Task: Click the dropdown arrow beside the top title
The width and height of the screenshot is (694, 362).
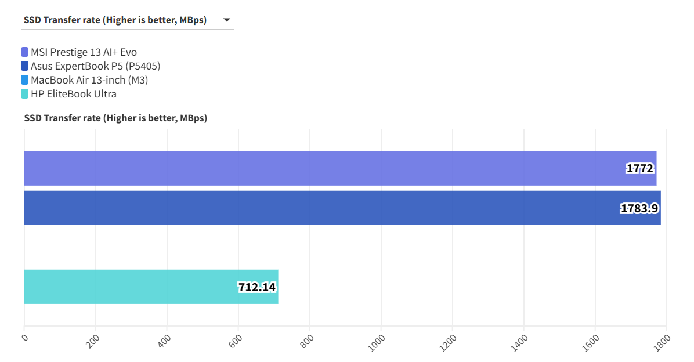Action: click(x=226, y=20)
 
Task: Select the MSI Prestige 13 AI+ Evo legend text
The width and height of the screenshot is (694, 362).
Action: click(x=84, y=52)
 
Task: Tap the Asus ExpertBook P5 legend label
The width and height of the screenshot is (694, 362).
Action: click(x=95, y=66)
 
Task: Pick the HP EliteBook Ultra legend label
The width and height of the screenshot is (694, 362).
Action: click(x=74, y=94)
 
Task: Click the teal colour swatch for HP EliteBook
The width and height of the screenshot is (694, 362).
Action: click(x=24, y=94)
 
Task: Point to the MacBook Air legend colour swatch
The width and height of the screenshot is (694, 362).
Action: click(x=24, y=80)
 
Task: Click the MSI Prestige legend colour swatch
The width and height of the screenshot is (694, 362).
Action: click(x=24, y=52)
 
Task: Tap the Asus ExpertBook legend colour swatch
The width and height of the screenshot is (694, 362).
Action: click(x=24, y=66)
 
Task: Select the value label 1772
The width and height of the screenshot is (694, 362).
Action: click(x=640, y=169)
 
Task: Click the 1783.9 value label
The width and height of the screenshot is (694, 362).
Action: click(x=639, y=208)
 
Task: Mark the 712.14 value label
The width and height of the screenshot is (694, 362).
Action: click(x=256, y=287)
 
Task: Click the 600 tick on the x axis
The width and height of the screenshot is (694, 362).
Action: click(x=235, y=342)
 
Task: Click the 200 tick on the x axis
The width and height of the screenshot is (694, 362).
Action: click(x=92, y=342)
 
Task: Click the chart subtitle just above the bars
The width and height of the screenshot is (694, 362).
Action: click(x=115, y=118)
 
